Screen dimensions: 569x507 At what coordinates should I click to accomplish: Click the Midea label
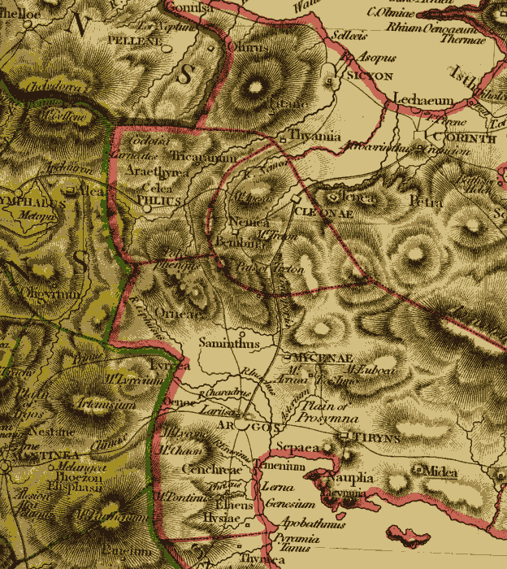click(x=440, y=472)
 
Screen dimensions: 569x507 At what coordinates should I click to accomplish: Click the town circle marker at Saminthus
click(x=242, y=332)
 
